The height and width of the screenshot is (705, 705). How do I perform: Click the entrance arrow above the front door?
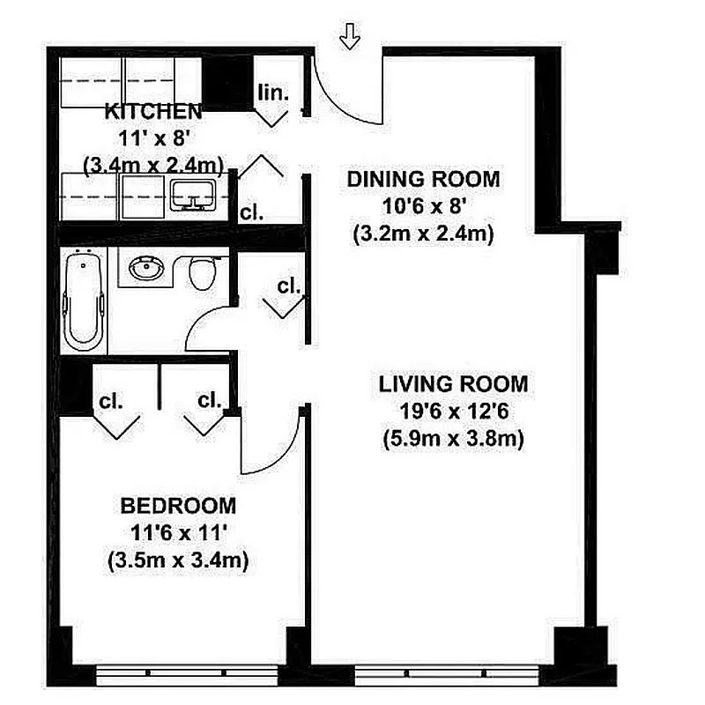tap(351, 37)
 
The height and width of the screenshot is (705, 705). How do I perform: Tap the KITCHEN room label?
tap(153, 111)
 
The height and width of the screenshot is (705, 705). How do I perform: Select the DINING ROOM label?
tap(423, 179)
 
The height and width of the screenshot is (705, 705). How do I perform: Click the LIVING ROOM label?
tap(454, 384)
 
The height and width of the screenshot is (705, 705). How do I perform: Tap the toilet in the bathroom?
tap(204, 272)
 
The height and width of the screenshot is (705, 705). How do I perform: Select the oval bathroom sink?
tap(146, 268)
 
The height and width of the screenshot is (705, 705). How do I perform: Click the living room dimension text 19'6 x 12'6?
tap(454, 412)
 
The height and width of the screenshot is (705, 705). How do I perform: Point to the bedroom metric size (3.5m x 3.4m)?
tap(178, 559)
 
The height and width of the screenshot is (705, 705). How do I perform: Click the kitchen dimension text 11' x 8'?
tap(153, 137)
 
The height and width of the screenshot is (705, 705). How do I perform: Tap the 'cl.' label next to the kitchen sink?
tap(252, 212)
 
